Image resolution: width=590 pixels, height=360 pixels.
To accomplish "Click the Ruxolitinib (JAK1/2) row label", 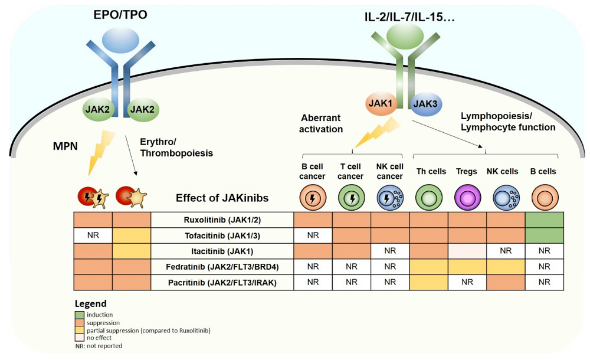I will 222,220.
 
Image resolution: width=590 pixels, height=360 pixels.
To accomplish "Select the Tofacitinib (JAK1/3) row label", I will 222,235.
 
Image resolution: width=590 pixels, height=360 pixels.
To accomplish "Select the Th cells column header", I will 429,172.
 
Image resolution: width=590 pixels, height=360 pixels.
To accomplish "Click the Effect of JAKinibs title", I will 222,198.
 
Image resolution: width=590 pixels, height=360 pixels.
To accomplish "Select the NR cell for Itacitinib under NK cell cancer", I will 389,250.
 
